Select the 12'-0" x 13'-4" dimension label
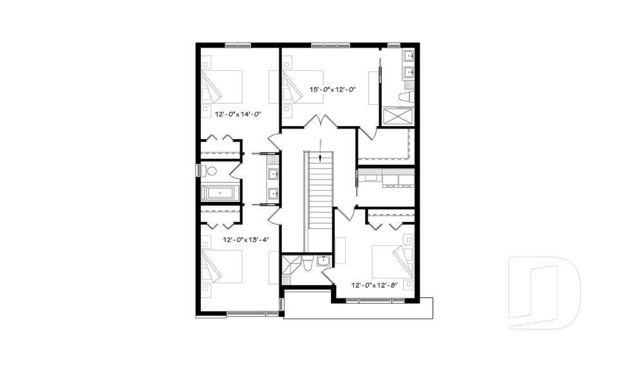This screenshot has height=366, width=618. (245, 239)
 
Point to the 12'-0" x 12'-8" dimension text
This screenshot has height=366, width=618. (375, 284)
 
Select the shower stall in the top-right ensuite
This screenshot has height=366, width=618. (398, 116)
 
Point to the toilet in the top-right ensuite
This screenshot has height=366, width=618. (406, 97)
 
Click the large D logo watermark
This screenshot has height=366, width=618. (544, 293)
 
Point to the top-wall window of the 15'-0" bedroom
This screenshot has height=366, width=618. (330, 45)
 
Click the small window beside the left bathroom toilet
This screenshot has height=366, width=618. (199, 170)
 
